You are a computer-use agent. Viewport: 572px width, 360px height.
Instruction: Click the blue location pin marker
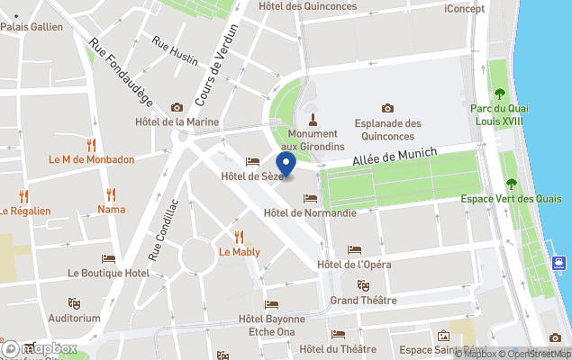click(286, 166)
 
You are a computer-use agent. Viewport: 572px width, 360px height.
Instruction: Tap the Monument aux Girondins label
click(313, 139)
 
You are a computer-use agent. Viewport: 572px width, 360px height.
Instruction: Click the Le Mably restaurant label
click(239, 252)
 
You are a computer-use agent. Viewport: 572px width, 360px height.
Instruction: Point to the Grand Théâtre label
click(363, 300)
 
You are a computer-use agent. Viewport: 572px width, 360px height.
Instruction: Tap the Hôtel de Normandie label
click(310, 213)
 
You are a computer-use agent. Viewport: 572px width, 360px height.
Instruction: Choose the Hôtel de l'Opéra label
click(354, 265)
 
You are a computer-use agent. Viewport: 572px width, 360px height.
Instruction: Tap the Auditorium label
click(75, 318)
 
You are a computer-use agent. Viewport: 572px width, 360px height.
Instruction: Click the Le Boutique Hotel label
click(108, 273)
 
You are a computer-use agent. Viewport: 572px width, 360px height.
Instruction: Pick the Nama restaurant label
click(111, 211)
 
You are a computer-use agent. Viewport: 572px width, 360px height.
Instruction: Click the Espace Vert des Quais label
click(510, 198)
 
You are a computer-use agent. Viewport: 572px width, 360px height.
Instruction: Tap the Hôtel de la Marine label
click(177, 121)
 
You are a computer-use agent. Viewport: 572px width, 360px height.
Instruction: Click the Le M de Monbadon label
click(91, 159)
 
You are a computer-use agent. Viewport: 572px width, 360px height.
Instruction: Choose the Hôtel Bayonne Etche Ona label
click(271, 325)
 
